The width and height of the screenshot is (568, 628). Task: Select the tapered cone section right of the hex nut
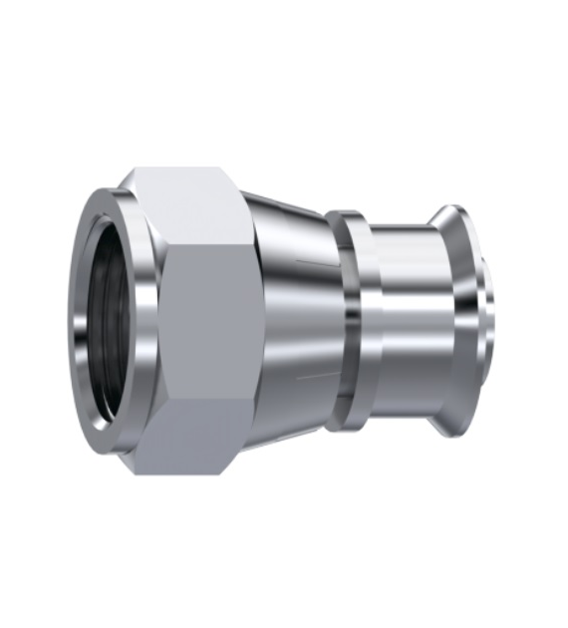pos(294,319)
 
